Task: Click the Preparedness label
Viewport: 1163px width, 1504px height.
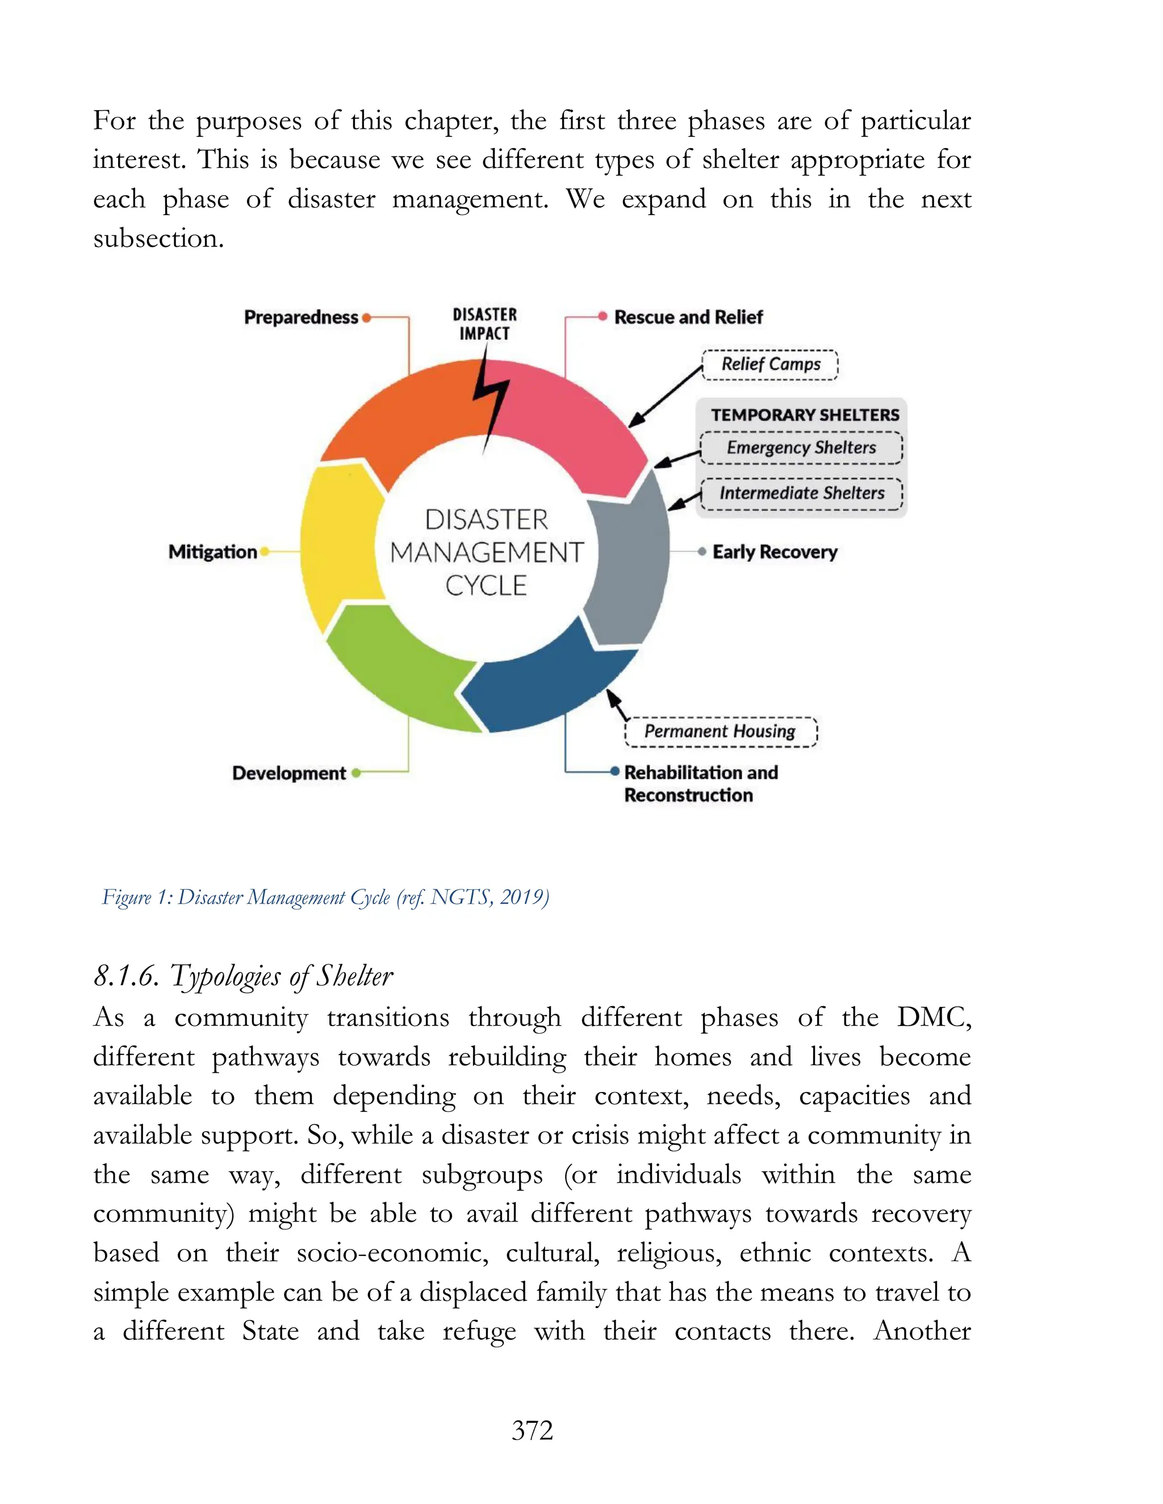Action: [x=301, y=317]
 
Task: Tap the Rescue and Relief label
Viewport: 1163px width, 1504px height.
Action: [x=688, y=317]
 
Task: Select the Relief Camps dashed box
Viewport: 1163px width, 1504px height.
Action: [x=769, y=364]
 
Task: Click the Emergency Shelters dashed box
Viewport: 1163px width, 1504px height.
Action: [x=801, y=448]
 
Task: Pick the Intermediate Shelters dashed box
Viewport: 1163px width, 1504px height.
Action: [x=801, y=493]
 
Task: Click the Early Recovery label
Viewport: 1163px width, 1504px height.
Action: [x=775, y=552]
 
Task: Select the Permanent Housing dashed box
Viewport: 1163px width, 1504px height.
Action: [x=719, y=732]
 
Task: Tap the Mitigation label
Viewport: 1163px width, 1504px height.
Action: [x=212, y=552]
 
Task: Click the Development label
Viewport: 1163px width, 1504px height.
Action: [x=288, y=774]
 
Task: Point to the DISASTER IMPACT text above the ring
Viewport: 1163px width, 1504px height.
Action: [x=484, y=324]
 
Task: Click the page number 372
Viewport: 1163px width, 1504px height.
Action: [x=532, y=1431]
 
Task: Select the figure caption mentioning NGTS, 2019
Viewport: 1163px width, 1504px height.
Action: [x=325, y=897]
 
